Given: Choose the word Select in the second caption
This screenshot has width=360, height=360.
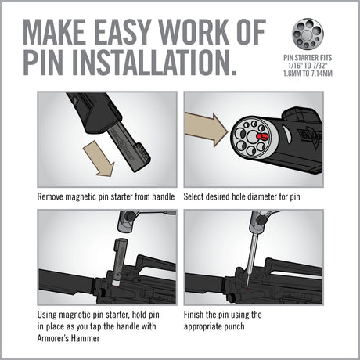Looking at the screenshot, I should click(x=198, y=198).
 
